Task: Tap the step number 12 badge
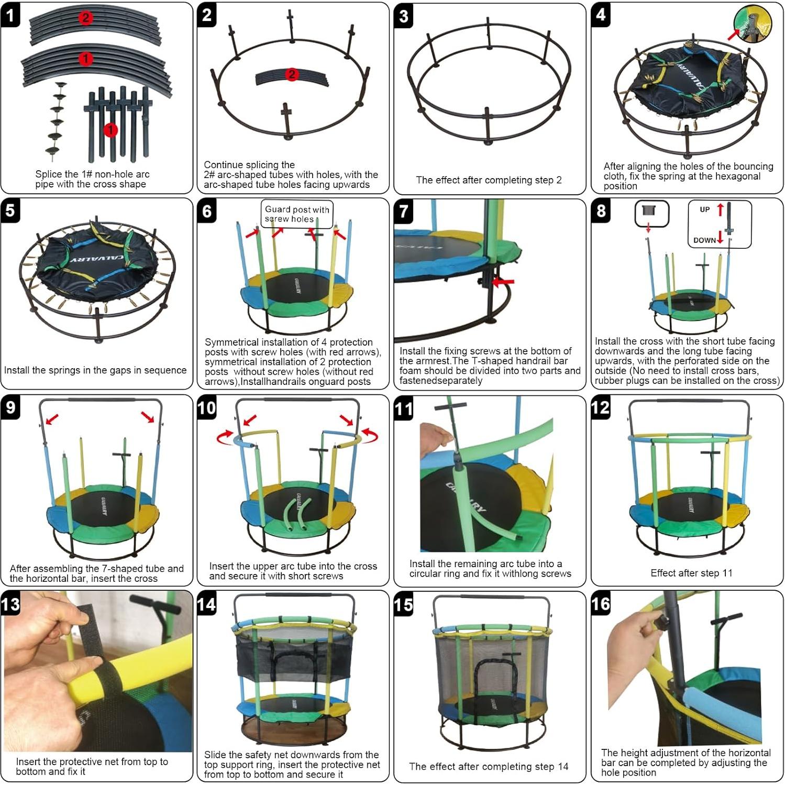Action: click(601, 407)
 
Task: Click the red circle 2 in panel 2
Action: click(292, 74)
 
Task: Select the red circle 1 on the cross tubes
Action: click(110, 130)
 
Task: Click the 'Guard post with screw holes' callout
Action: click(297, 214)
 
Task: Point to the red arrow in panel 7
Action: click(503, 282)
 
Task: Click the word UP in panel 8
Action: click(705, 209)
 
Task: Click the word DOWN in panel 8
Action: click(704, 240)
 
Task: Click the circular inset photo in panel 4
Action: click(753, 24)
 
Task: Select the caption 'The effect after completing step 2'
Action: click(489, 180)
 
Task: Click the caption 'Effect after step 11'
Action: click(691, 573)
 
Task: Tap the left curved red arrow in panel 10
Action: click(225, 436)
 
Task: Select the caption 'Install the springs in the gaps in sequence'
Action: click(95, 370)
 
